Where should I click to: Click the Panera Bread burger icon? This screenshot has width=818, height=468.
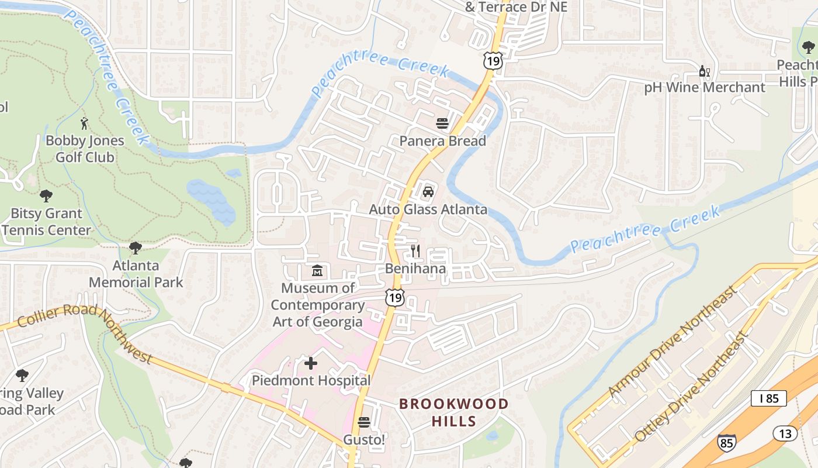point(442,123)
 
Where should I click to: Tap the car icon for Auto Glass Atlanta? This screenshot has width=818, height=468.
point(428,191)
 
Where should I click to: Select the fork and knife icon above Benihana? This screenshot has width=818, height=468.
point(415,251)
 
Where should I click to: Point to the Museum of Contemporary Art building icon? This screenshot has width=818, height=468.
point(317,271)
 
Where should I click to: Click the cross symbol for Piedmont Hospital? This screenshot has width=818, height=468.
point(311,363)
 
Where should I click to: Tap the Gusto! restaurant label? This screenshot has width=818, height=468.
point(364,439)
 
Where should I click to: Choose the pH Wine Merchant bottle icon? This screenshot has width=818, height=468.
point(704,71)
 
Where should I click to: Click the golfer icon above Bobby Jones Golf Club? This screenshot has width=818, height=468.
point(85,123)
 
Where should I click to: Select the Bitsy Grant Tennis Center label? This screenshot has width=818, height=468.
point(47,222)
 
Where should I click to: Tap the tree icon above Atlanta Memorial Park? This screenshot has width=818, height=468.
point(136,248)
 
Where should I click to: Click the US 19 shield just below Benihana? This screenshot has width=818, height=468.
point(395,297)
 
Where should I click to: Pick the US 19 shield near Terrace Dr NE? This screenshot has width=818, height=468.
point(493,60)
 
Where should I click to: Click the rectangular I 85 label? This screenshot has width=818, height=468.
point(768,398)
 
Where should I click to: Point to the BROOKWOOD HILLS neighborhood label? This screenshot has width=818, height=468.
point(453,412)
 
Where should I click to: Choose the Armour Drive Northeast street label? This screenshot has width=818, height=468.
point(672,342)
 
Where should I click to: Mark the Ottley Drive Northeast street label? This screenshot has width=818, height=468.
point(692,387)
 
